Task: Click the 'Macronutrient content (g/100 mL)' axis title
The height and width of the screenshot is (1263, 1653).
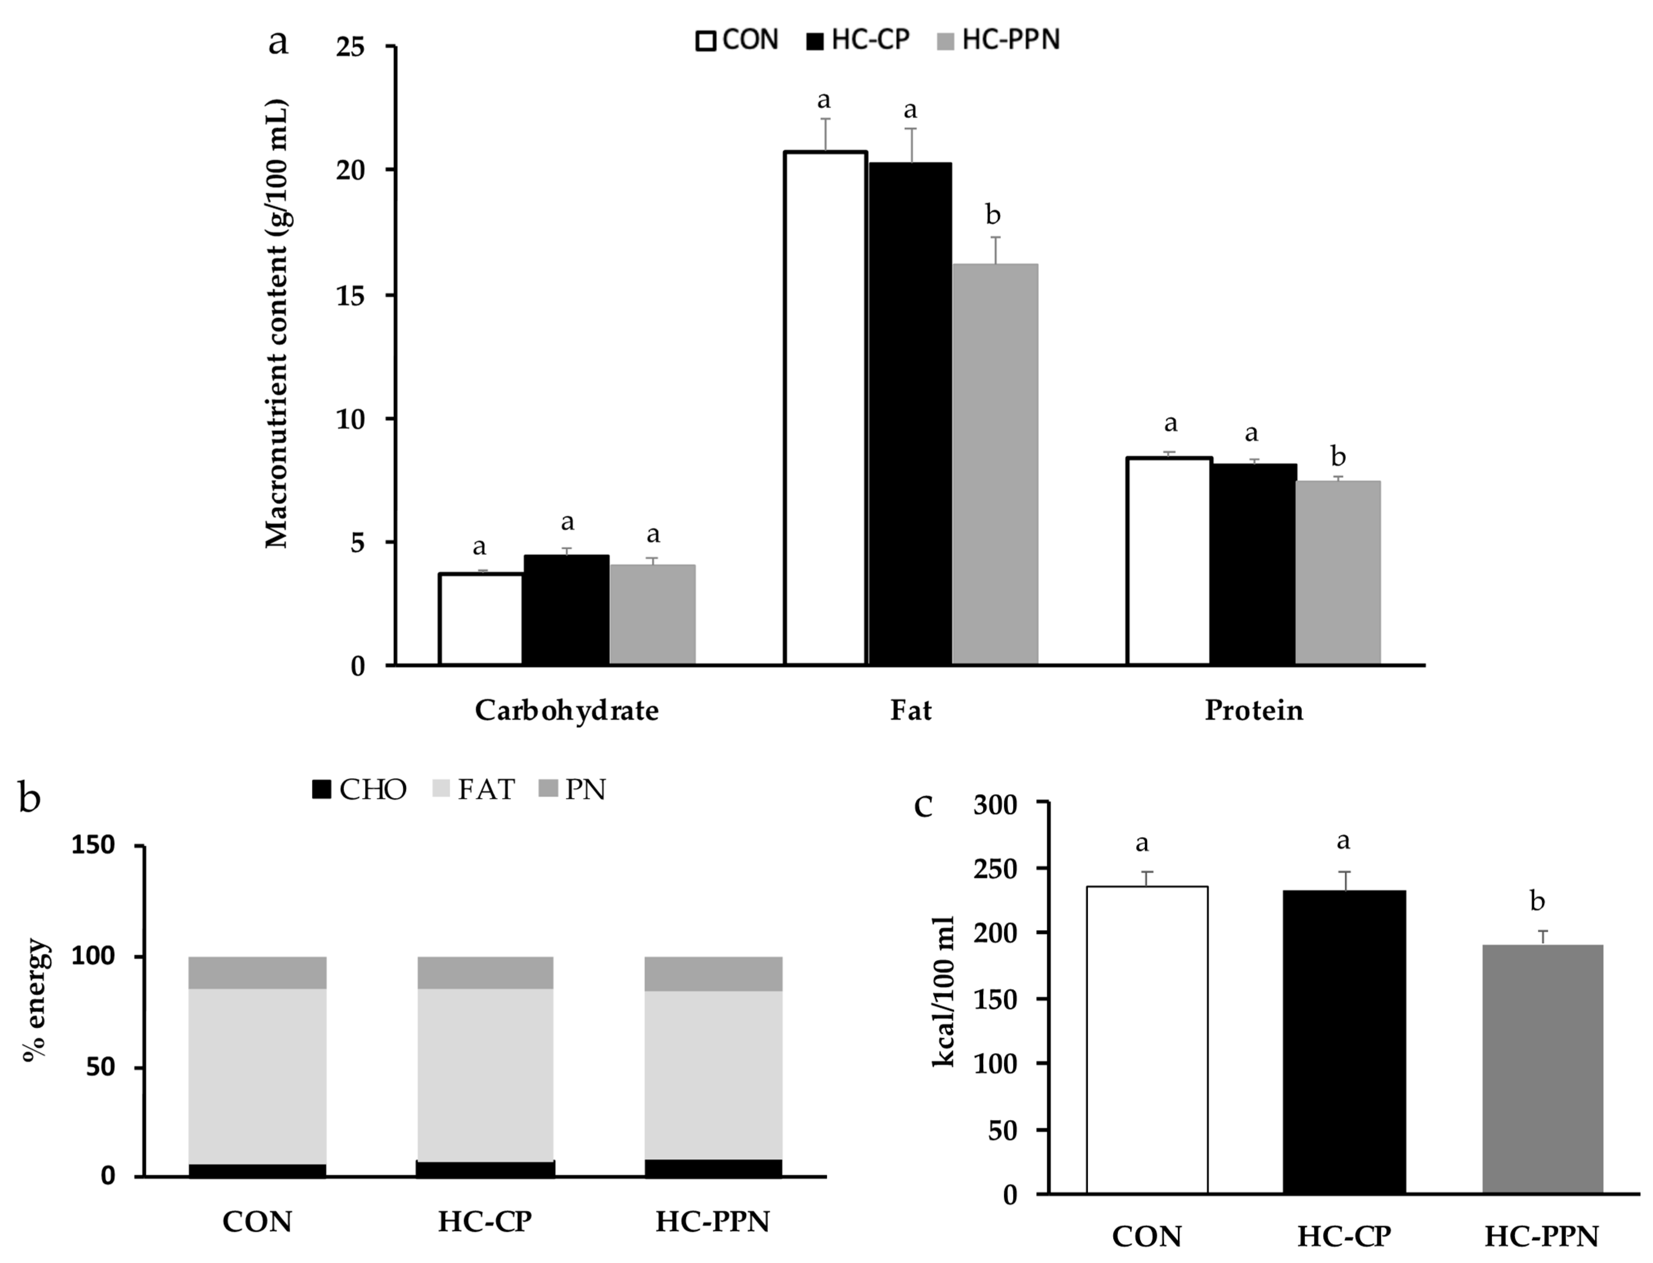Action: tap(277, 323)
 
